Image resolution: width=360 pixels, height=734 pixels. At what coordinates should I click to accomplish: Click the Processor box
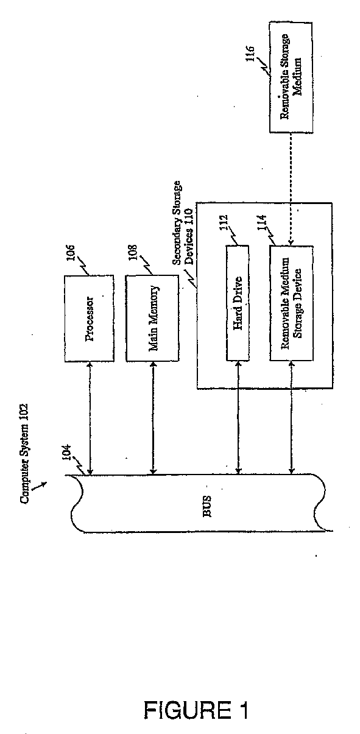point(90,318)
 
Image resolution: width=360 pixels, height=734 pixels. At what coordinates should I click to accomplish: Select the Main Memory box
point(152,318)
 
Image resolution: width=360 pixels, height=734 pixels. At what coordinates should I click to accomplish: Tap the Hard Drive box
point(238,303)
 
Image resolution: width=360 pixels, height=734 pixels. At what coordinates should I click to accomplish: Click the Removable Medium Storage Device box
point(291,303)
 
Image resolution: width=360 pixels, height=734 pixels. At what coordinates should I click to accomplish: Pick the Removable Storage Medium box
point(291,77)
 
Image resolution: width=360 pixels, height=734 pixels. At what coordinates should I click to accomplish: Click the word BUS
point(207,507)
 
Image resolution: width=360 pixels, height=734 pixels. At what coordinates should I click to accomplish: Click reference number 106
point(71,253)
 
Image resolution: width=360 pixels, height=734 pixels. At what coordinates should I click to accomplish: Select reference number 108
point(133,253)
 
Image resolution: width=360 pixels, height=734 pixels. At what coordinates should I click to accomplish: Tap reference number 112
point(224,223)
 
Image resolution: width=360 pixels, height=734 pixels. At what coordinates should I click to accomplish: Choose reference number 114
point(262,223)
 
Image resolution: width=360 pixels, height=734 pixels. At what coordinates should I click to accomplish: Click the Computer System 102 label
point(24,454)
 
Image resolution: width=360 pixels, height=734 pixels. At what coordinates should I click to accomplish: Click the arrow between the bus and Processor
point(90,418)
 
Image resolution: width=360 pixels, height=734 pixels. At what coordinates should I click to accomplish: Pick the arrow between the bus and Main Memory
point(153,418)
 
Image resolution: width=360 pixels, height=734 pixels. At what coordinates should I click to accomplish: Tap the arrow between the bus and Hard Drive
point(238,418)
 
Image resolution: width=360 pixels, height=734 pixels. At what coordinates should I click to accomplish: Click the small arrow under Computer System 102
point(40,486)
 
